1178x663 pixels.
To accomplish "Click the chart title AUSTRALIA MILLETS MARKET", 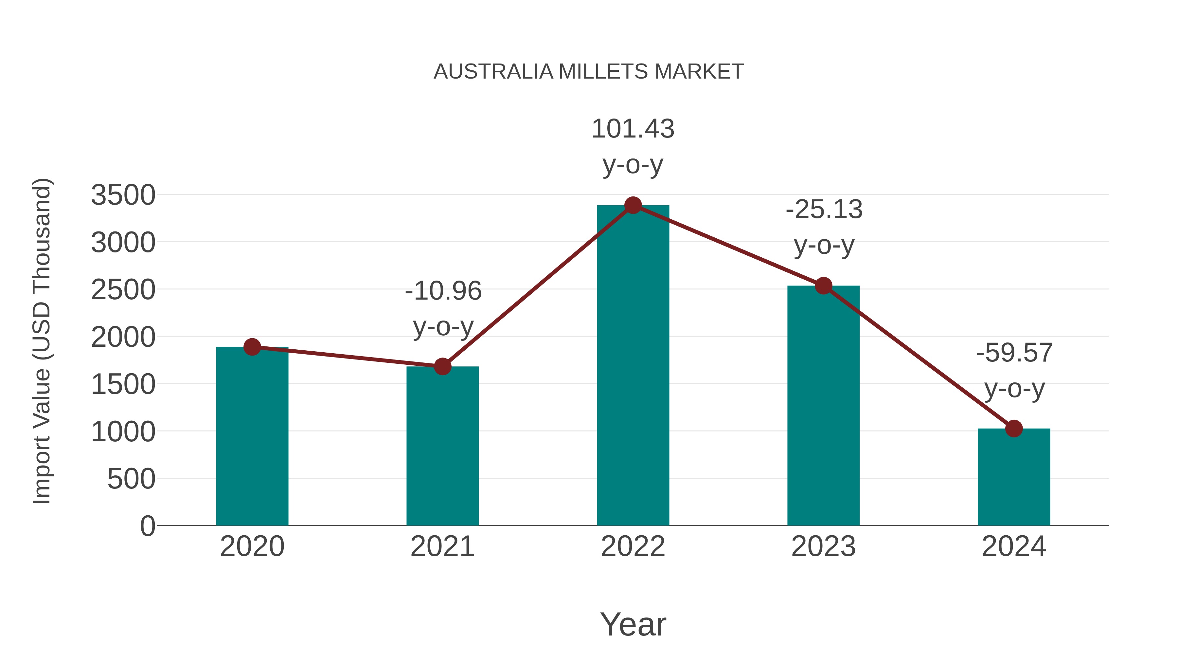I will pos(589,72).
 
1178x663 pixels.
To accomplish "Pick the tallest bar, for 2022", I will pos(633,366).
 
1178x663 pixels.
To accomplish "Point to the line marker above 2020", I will pos(252,347).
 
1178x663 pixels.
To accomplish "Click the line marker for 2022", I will pos(633,205).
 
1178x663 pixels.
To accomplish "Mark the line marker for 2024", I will pos(1014,429).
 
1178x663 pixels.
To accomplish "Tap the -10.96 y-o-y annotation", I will pos(443,308).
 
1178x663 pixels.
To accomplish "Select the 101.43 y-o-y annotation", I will pos(633,146).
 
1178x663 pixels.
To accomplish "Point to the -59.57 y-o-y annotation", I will pos(1014,370).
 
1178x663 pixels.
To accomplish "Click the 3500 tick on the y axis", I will pos(123,195).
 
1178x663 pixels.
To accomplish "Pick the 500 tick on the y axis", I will pos(131,479).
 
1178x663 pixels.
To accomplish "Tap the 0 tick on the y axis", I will pos(147,526).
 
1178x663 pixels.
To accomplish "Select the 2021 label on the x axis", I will pos(442,546).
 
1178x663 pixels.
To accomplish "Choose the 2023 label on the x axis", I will pos(823,546).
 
